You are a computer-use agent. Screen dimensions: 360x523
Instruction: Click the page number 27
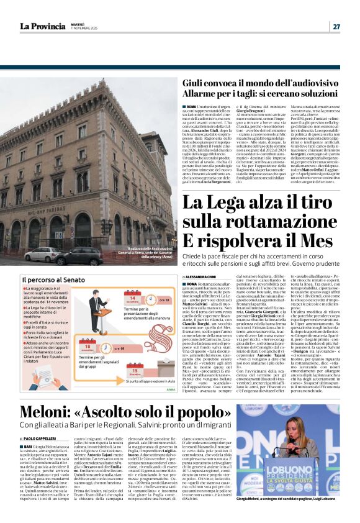(x=336, y=26)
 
